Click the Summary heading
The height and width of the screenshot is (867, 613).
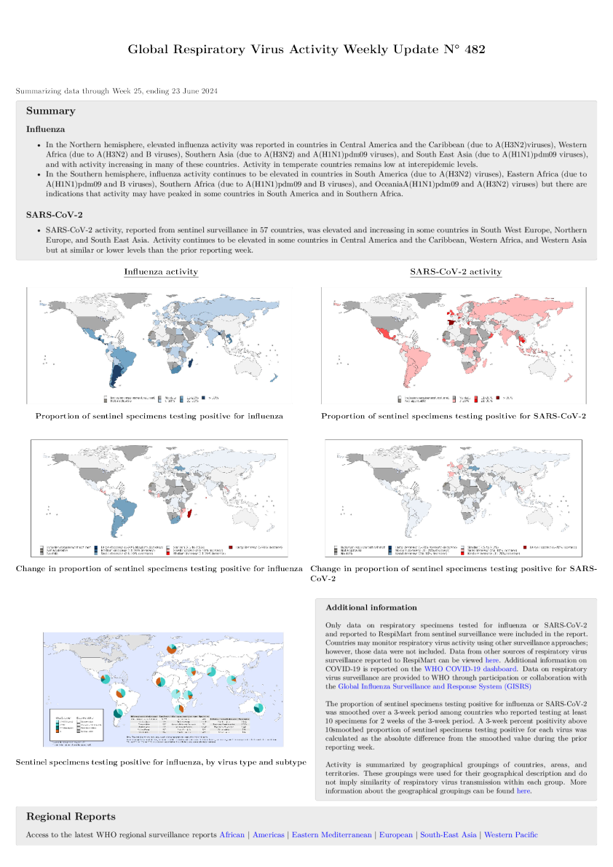(x=50, y=111)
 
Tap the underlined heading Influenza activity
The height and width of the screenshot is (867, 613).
(x=161, y=272)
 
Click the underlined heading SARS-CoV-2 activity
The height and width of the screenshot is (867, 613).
(x=456, y=272)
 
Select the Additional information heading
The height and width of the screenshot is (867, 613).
(x=371, y=607)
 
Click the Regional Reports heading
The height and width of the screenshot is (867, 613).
(x=71, y=817)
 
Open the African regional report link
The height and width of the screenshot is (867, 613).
(x=232, y=835)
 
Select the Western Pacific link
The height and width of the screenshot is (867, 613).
(x=511, y=835)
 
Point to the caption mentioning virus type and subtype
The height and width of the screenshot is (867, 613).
(x=161, y=763)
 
